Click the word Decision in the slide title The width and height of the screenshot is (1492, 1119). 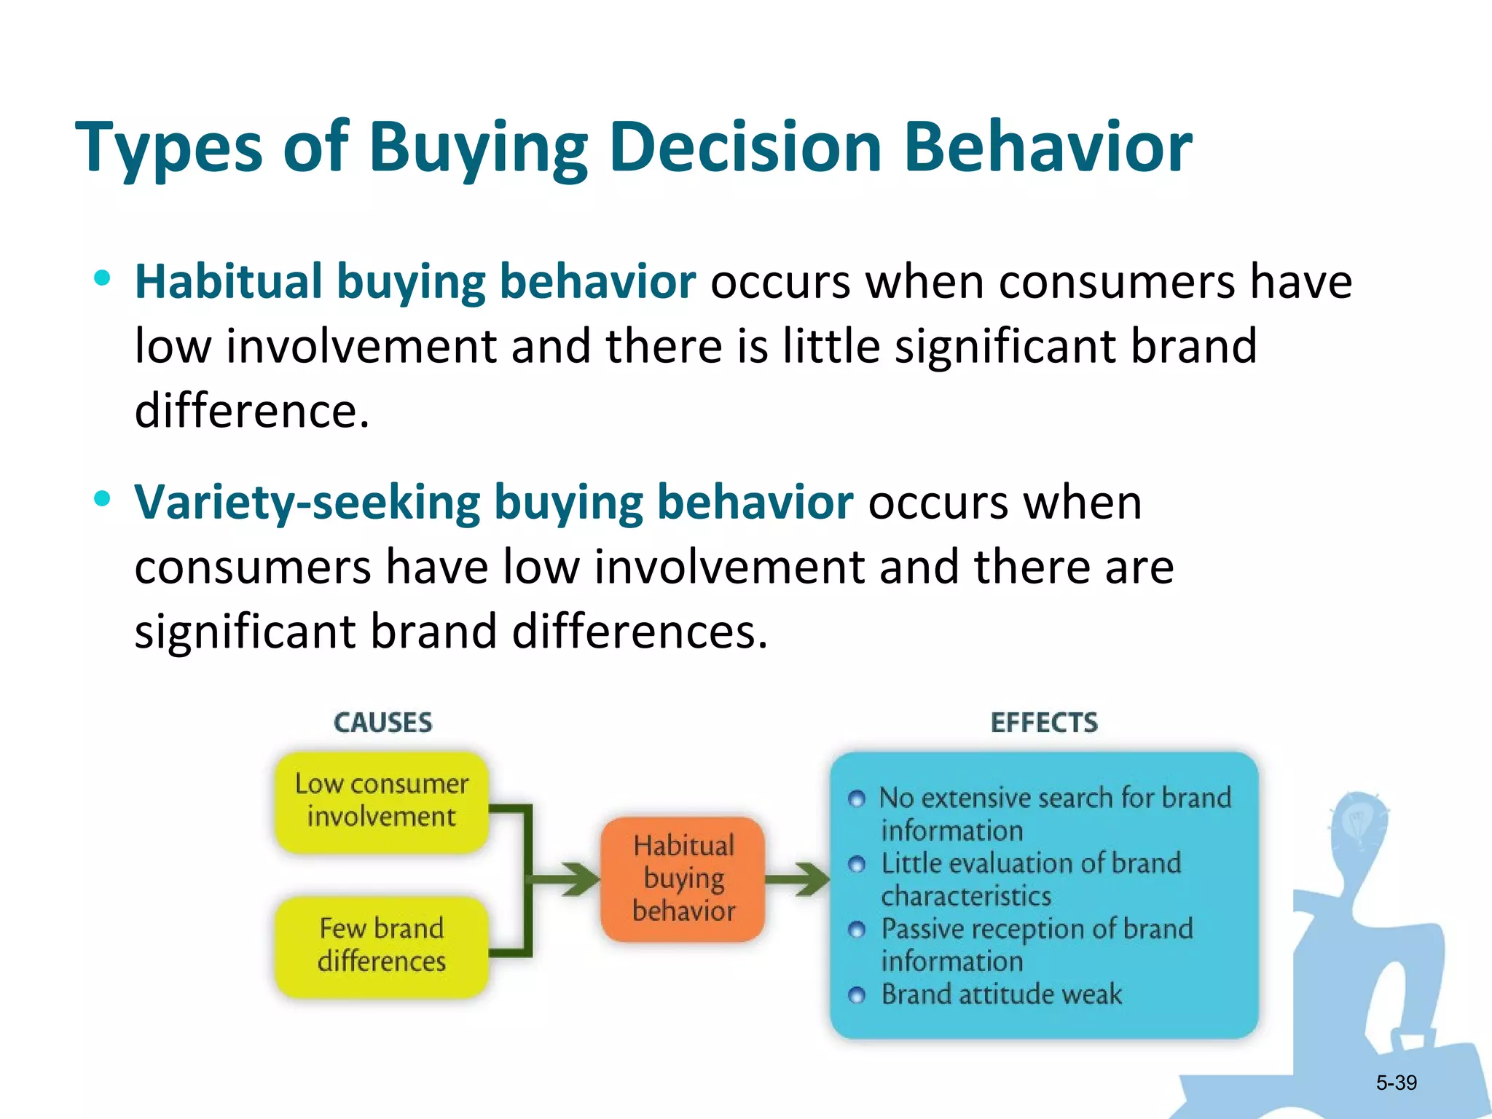(745, 148)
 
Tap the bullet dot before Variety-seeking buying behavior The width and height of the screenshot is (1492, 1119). (103, 499)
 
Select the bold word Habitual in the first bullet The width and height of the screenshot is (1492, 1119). (229, 282)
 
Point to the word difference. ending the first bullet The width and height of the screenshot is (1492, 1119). (252, 411)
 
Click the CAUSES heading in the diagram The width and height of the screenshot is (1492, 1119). (382, 723)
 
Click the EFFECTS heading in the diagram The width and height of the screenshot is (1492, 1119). (1044, 723)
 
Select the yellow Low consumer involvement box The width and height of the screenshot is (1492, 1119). (382, 801)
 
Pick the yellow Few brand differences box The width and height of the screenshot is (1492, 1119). (382, 946)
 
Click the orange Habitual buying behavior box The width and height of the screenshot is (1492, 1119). (683, 879)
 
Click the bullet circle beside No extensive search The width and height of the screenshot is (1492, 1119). (857, 799)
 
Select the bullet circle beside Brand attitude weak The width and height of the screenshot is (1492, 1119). (857, 995)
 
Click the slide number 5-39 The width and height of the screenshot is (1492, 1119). (1396, 1083)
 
